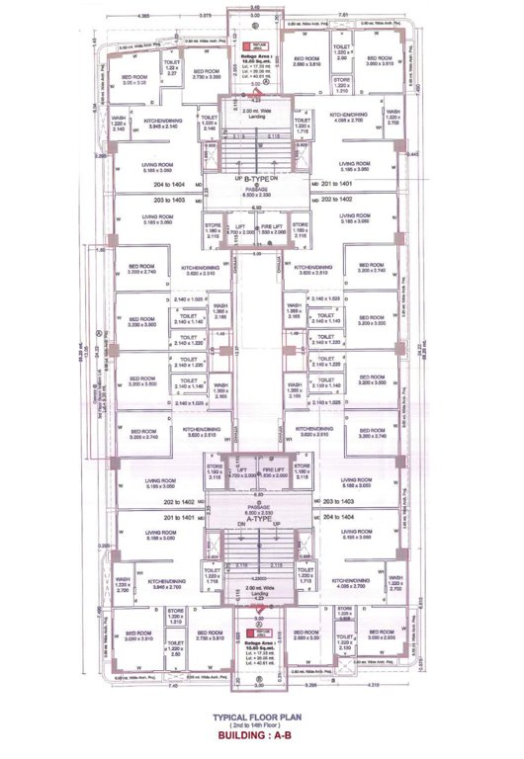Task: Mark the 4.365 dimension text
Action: click(x=143, y=15)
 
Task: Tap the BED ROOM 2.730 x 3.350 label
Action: click(x=206, y=73)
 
